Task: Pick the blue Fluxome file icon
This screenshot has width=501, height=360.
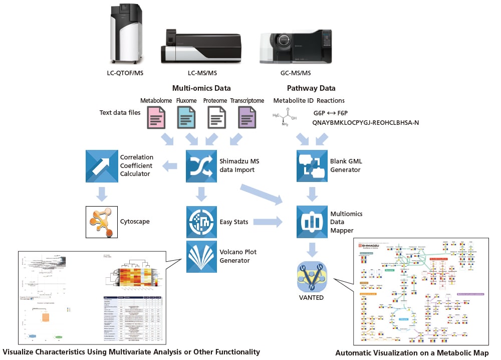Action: [x=186, y=120]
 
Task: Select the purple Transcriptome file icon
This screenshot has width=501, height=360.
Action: [x=246, y=120]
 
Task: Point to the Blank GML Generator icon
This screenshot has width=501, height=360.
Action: [x=312, y=165]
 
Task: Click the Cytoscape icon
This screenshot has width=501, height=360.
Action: [x=102, y=221]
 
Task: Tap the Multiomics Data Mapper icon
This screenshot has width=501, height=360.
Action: [x=312, y=221]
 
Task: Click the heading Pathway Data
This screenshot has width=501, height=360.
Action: [x=311, y=88]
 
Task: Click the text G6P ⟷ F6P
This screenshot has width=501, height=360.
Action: [x=330, y=114]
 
